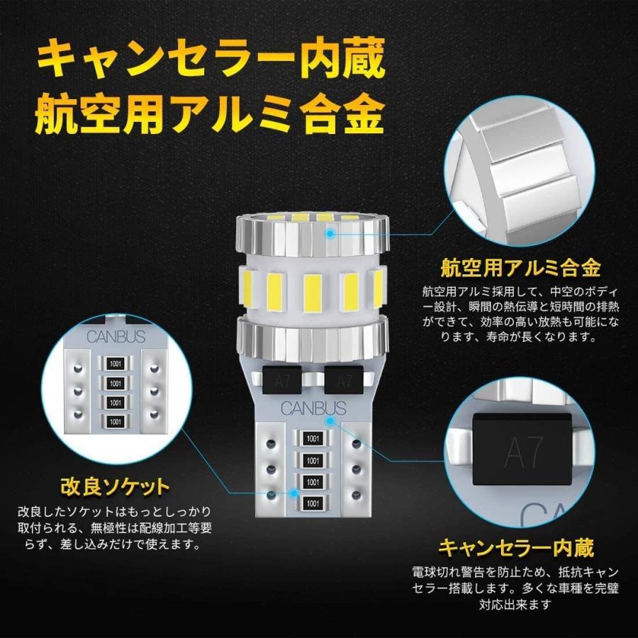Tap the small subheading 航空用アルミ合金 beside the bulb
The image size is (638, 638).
pyautogui.click(x=520, y=268)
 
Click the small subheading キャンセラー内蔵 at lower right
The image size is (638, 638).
pyautogui.click(x=515, y=548)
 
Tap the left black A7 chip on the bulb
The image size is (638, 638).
pyautogui.click(x=281, y=380)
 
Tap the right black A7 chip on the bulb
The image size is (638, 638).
pyautogui.click(x=344, y=380)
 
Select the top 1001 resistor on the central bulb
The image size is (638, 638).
pyautogui.click(x=312, y=440)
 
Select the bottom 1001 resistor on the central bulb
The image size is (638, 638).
pyautogui.click(x=312, y=503)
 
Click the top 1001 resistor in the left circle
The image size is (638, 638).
pyautogui.click(x=113, y=364)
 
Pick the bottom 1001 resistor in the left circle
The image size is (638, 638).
pyautogui.click(x=113, y=422)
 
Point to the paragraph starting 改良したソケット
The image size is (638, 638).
pyautogui.click(x=115, y=528)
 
